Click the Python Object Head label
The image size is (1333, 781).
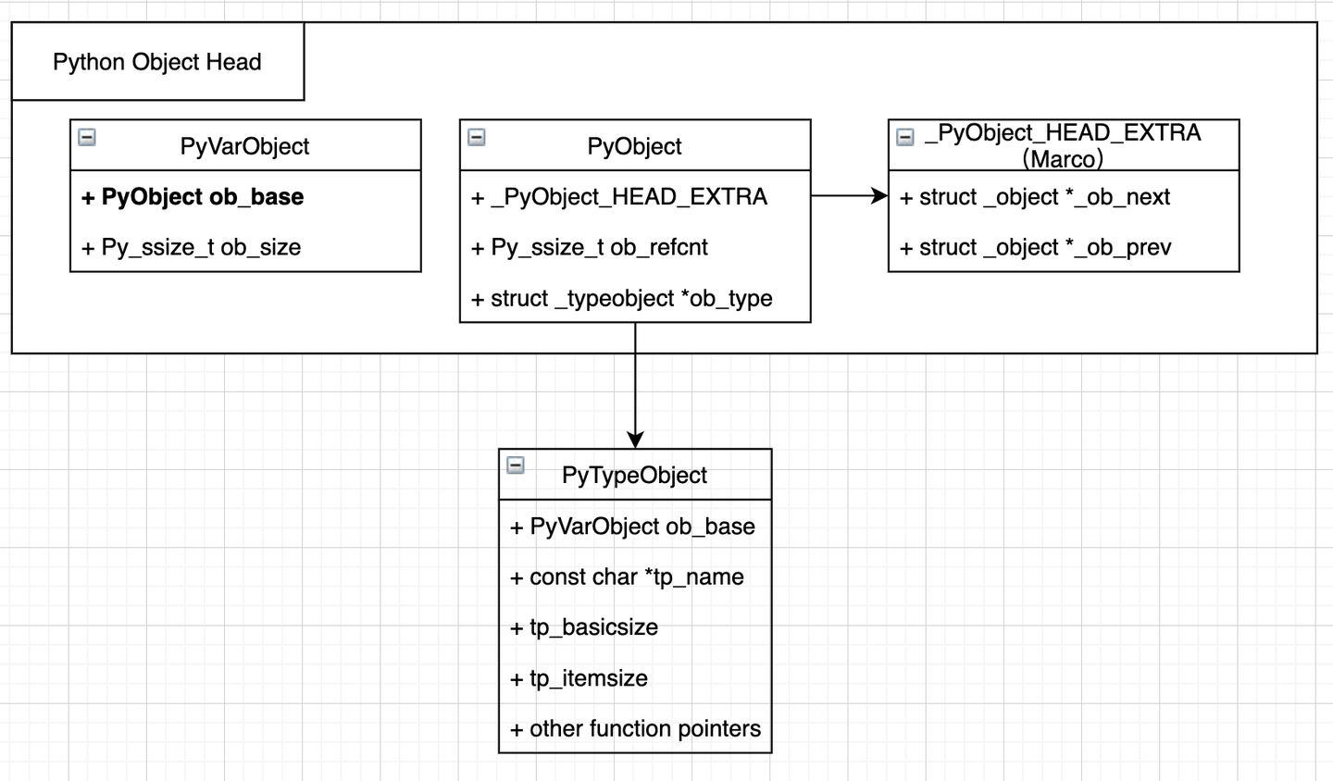tap(156, 62)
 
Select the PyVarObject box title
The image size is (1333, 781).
tap(244, 146)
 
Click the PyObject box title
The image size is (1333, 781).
tap(634, 146)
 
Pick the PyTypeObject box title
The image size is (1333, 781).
tap(634, 475)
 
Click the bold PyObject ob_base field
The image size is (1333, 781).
tap(193, 197)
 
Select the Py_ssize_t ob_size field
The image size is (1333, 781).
tap(191, 247)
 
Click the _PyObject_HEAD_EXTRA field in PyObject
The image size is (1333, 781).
tap(619, 197)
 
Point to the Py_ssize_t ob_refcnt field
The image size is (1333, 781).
tap(590, 247)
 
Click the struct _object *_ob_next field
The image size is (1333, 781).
tap(1035, 197)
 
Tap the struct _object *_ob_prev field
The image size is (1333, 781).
tap(1036, 247)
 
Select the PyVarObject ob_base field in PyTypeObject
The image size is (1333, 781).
tap(632, 527)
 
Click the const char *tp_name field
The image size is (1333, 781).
tap(627, 576)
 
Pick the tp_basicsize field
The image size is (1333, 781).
tap(584, 627)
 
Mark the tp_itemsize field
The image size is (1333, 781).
tap(579, 678)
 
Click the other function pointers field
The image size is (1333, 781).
tap(635, 728)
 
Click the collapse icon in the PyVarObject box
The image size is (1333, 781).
tap(87, 137)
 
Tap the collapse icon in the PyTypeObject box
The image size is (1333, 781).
tap(516, 465)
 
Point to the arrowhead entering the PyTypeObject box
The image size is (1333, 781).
tap(635, 440)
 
